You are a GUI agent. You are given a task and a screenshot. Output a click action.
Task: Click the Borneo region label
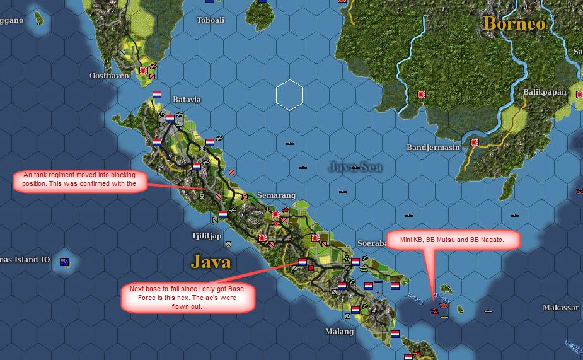click(514, 23)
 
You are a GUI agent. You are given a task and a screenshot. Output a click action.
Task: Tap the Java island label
click(211, 261)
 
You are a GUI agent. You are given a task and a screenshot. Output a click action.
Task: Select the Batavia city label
click(187, 100)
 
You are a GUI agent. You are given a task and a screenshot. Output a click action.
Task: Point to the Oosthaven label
click(109, 76)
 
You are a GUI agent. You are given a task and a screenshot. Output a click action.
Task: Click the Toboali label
click(210, 20)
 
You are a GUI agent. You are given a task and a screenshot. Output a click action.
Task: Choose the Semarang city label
click(276, 195)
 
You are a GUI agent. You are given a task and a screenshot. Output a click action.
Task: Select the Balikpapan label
click(545, 92)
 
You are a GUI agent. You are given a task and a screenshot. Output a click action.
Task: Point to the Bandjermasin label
click(435, 148)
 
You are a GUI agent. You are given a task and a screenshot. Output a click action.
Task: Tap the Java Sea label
click(355, 166)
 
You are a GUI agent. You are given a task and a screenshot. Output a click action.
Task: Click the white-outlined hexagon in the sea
click(289, 96)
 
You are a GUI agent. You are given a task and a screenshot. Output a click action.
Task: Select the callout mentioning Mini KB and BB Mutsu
click(451, 240)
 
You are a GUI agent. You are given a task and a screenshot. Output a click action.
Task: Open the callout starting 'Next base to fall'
click(188, 298)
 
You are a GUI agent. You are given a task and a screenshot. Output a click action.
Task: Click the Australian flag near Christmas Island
click(64, 262)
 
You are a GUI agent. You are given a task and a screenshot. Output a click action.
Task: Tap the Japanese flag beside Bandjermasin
click(474, 142)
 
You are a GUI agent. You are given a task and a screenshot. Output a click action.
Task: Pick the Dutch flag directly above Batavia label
click(157, 95)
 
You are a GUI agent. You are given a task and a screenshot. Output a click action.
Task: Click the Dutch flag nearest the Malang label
click(355, 310)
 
